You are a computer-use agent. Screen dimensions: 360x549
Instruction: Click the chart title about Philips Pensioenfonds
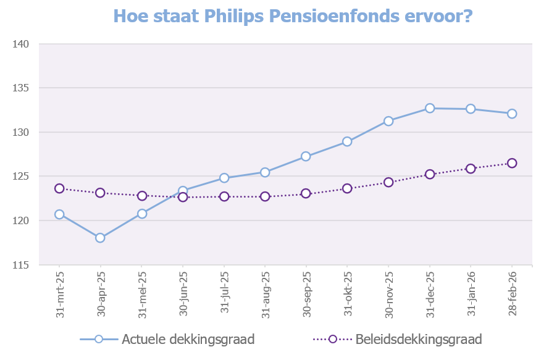point(293,16)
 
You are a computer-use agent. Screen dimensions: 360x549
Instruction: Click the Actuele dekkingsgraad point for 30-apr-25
point(100,238)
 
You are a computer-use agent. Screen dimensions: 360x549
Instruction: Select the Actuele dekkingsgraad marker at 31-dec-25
point(430,108)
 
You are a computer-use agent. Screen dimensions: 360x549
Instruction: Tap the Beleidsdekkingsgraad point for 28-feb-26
point(512,163)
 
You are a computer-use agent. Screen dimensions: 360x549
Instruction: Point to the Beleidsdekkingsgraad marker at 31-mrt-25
point(59,188)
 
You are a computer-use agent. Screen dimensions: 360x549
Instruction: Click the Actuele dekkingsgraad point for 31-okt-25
point(347,141)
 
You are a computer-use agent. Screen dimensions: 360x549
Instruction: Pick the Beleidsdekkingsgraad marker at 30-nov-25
point(388,182)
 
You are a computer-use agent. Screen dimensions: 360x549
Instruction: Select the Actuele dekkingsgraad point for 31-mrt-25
point(59,214)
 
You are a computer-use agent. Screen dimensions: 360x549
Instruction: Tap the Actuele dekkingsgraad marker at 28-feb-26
point(512,114)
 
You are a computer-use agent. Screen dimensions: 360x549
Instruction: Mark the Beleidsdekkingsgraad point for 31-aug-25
point(265,196)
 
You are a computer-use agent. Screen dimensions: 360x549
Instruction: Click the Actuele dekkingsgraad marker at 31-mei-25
point(141,214)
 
